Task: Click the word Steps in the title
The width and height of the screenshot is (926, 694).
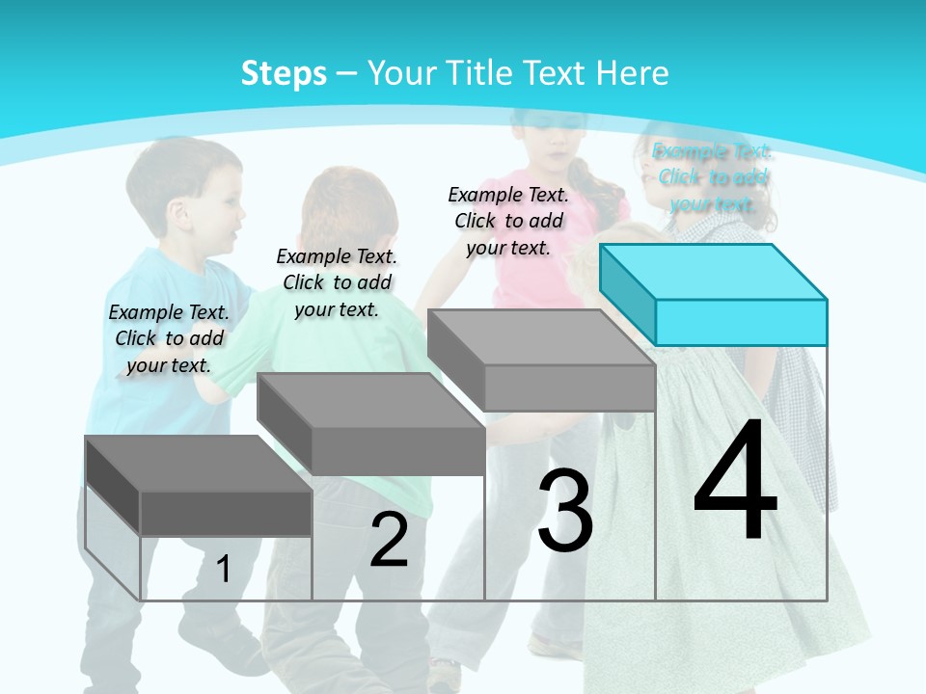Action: (x=284, y=73)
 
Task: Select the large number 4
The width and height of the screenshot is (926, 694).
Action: (x=735, y=481)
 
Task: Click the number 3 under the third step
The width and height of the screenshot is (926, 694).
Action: (x=565, y=510)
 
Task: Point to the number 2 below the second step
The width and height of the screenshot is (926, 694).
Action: (x=389, y=540)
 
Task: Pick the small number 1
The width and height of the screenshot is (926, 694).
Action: (x=224, y=569)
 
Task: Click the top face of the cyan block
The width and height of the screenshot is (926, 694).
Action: (x=714, y=272)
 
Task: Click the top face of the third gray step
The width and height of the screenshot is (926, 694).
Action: (x=541, y=337)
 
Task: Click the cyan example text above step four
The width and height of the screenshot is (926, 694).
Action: (x=713, y=177)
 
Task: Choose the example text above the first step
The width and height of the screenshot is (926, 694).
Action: (x=169, y=338)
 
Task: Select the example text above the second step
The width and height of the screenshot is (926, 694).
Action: (x=337, y=282)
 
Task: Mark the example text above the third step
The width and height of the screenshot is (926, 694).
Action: (x=508, y=221)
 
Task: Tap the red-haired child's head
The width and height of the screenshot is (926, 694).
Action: (x=347, y=207)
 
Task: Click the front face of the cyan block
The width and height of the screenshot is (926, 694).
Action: (x=741, y=322)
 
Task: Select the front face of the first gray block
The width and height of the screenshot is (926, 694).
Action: (x=226, y=514)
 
